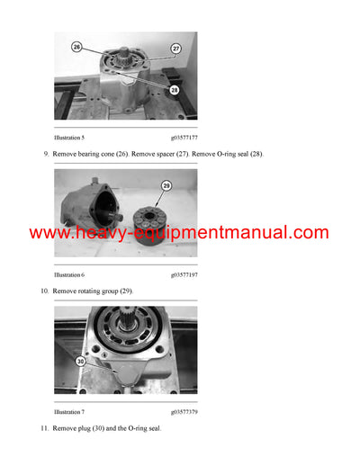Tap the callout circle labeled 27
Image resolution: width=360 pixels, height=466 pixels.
175,48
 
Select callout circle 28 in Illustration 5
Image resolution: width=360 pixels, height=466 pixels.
174,90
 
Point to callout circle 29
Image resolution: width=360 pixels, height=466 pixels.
166,185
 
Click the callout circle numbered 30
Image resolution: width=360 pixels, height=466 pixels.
80,363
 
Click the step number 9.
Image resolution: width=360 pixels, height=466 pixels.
46,155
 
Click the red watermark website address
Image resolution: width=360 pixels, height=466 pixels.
179,233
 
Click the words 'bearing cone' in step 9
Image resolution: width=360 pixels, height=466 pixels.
94,155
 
